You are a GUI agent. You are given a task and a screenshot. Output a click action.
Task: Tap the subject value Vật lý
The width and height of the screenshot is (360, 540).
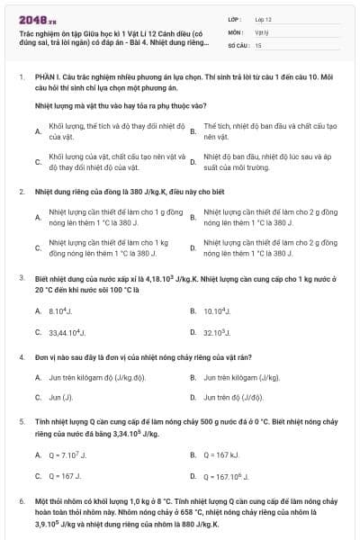[261, 31]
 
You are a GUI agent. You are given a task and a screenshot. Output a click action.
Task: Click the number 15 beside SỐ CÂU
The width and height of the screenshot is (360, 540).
[258, 44]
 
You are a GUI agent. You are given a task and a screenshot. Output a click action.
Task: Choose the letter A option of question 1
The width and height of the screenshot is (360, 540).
[38, 131]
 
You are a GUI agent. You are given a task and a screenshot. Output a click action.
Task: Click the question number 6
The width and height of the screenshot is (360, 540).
[20, 499]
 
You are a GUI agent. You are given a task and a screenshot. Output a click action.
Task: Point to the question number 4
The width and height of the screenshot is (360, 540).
[20, 357]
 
